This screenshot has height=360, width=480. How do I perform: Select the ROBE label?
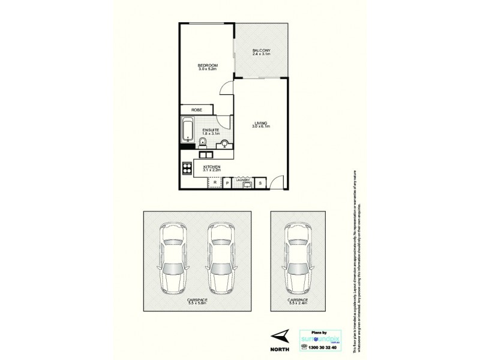click(196, 110)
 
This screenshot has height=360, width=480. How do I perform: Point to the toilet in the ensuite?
click(203, 142)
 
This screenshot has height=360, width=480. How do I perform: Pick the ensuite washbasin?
click(225, 143)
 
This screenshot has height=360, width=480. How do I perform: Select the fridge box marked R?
click(214, 183)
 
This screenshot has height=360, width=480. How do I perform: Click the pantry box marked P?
click(228, 183)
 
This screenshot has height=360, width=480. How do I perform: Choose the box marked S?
click(261, 183)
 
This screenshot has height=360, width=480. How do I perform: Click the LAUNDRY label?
click(243, 179)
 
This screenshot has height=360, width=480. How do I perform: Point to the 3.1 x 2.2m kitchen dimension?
click(212, 170)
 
